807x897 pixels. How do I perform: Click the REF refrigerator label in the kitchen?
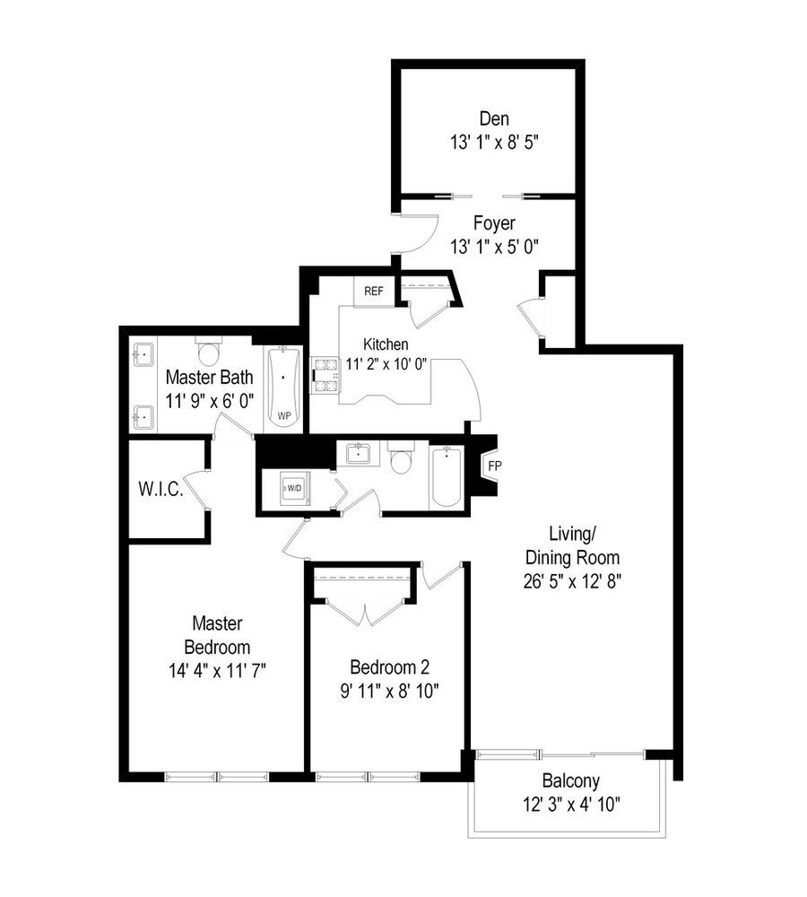pyautogui.click(x=374, y=292)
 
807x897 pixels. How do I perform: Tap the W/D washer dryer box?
pyautogui.click(x=293, y=489)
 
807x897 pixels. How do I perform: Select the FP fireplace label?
pyautogui.click(x=494, y=466)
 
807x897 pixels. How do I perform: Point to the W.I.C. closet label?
pyautogui.click(x=161, y=490)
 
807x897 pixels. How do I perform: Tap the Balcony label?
pyautogui.click(x=570, y=781)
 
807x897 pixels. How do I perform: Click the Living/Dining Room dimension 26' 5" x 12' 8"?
pyautogui.click(x=574, y=579)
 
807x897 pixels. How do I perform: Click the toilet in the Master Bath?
pyautogui.click(x=210, y=349)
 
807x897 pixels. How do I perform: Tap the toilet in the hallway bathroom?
pyautogui.click(x=401, y=460)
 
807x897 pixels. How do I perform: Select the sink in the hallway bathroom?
pyautogui.click(x=360, y=454)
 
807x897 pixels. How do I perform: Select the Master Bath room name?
pyautogui.click(x=209, y=377)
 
